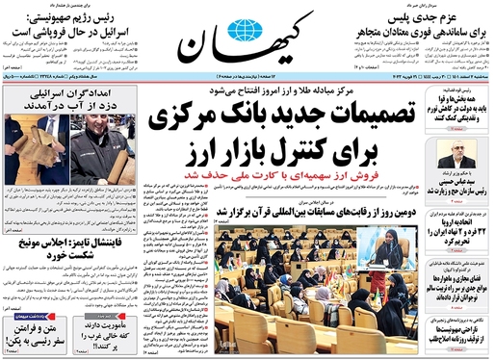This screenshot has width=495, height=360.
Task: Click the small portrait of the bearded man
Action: click(456, 158)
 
